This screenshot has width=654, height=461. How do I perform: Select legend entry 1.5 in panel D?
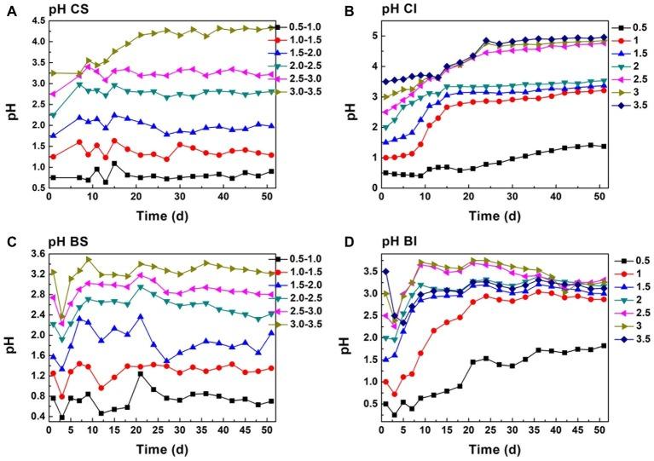633,285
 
